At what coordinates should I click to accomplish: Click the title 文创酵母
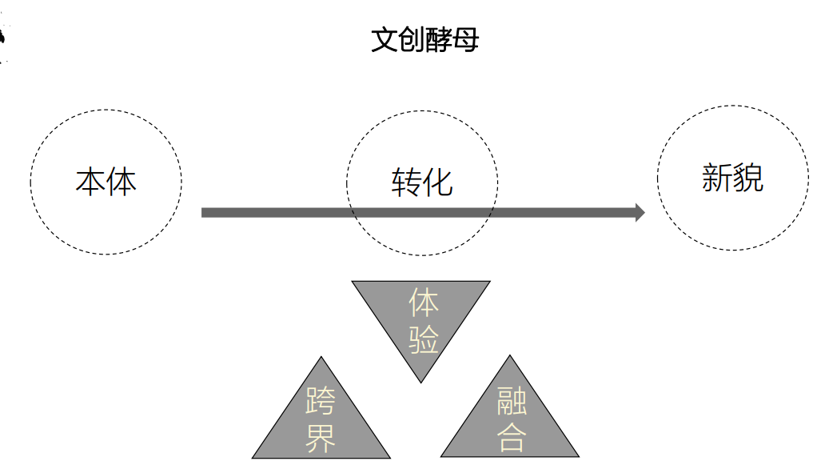click(x=424, y=39)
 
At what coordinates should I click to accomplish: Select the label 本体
click(x=106, y=181)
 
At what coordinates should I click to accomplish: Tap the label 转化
click(x=422, y=182)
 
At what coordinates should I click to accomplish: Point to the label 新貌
click(x=732, y=177)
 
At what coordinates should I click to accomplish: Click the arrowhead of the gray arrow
click(x=640, y=212)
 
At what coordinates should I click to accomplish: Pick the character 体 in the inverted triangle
click(x=424, y=303)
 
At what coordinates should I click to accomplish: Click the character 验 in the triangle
click(x=424, y=339)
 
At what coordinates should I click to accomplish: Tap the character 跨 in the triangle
click(x=321, y=401)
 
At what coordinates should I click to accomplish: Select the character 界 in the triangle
click(x=321, y=438)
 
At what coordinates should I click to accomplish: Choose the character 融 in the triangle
click(x=512, y=399)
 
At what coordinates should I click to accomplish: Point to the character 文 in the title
click(x=384, y=39)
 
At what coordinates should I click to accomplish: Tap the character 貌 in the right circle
click(x=748, y=177)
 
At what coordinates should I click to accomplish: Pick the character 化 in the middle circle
click(x=438, y=182)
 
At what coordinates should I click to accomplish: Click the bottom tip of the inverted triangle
click(x=421, y=381)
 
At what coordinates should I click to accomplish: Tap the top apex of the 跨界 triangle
click(x=321, y=359)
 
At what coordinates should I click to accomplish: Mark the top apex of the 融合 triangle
click(x=510, y=357)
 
